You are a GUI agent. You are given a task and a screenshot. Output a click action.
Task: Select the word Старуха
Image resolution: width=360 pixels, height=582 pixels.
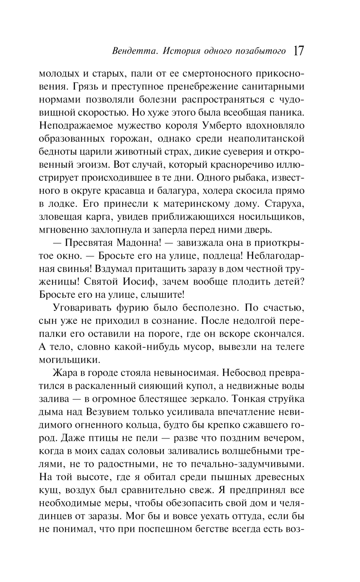284,203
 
